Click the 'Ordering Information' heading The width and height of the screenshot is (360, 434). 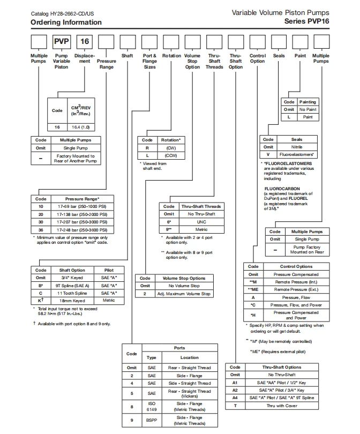pyautogui.click(x=66, y=23)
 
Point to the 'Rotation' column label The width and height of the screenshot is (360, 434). pyautogui.click(x=171, y=56)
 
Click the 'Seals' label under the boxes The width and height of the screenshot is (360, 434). pyautogui.click(x=279, y=56)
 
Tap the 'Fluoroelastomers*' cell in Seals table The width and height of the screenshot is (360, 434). pyautogui.click(x=297, y=154)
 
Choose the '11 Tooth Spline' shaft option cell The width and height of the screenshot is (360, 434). pyautogui.click(x=72, y=293)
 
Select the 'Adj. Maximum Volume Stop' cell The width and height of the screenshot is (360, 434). pyautogui.click(x=183, y=294)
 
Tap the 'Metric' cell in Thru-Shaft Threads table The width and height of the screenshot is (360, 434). pyautogui.click(x=200, y=229)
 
